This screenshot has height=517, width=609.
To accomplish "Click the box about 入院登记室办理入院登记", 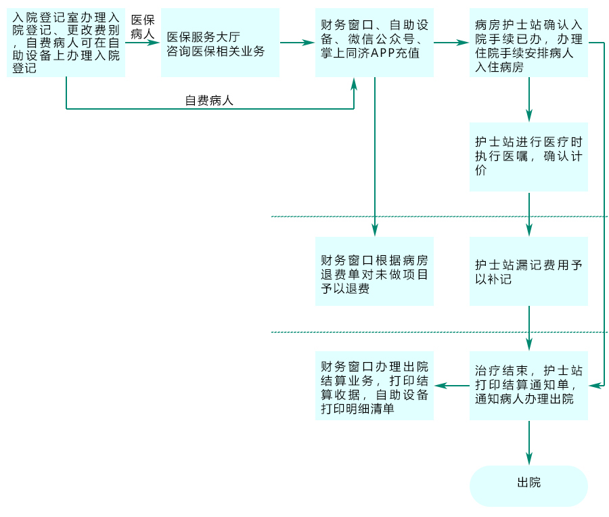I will click(x=66, y=42).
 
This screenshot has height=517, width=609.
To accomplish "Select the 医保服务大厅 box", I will click(x=220, y=43).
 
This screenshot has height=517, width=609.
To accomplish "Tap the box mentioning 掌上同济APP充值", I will click(x=374, y=42).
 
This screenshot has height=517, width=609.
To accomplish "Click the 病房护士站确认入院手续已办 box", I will click(x=528, y=42).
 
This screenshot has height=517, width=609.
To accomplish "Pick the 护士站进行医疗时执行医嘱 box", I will click(x=528, y=157).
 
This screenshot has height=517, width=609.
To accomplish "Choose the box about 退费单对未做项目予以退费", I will click(x=374, y=271).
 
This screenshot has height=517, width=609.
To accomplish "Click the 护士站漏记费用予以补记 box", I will click(x=528, y=271).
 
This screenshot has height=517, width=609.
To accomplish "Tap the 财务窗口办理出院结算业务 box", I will click(x=374, y=386).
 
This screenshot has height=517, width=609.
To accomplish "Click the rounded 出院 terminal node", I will click(x=528, y=483).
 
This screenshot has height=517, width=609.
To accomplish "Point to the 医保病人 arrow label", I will click(x=142, y=26).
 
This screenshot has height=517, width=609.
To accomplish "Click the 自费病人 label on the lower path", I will click(x=209, y=101).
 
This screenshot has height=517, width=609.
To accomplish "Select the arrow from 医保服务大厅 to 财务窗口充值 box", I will click(x=297, y=42).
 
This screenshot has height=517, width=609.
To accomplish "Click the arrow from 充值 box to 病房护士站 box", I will click(x=451, y=42).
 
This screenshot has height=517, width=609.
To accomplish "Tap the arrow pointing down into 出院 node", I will click(x=528, y=443).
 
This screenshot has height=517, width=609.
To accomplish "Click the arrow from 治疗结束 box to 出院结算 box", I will click(x=451, y=386).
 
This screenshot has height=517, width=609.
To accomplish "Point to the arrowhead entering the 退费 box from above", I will click(x=374, y=229).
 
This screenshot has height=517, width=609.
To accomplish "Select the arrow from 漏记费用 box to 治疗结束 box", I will click(x=528, y=328).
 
